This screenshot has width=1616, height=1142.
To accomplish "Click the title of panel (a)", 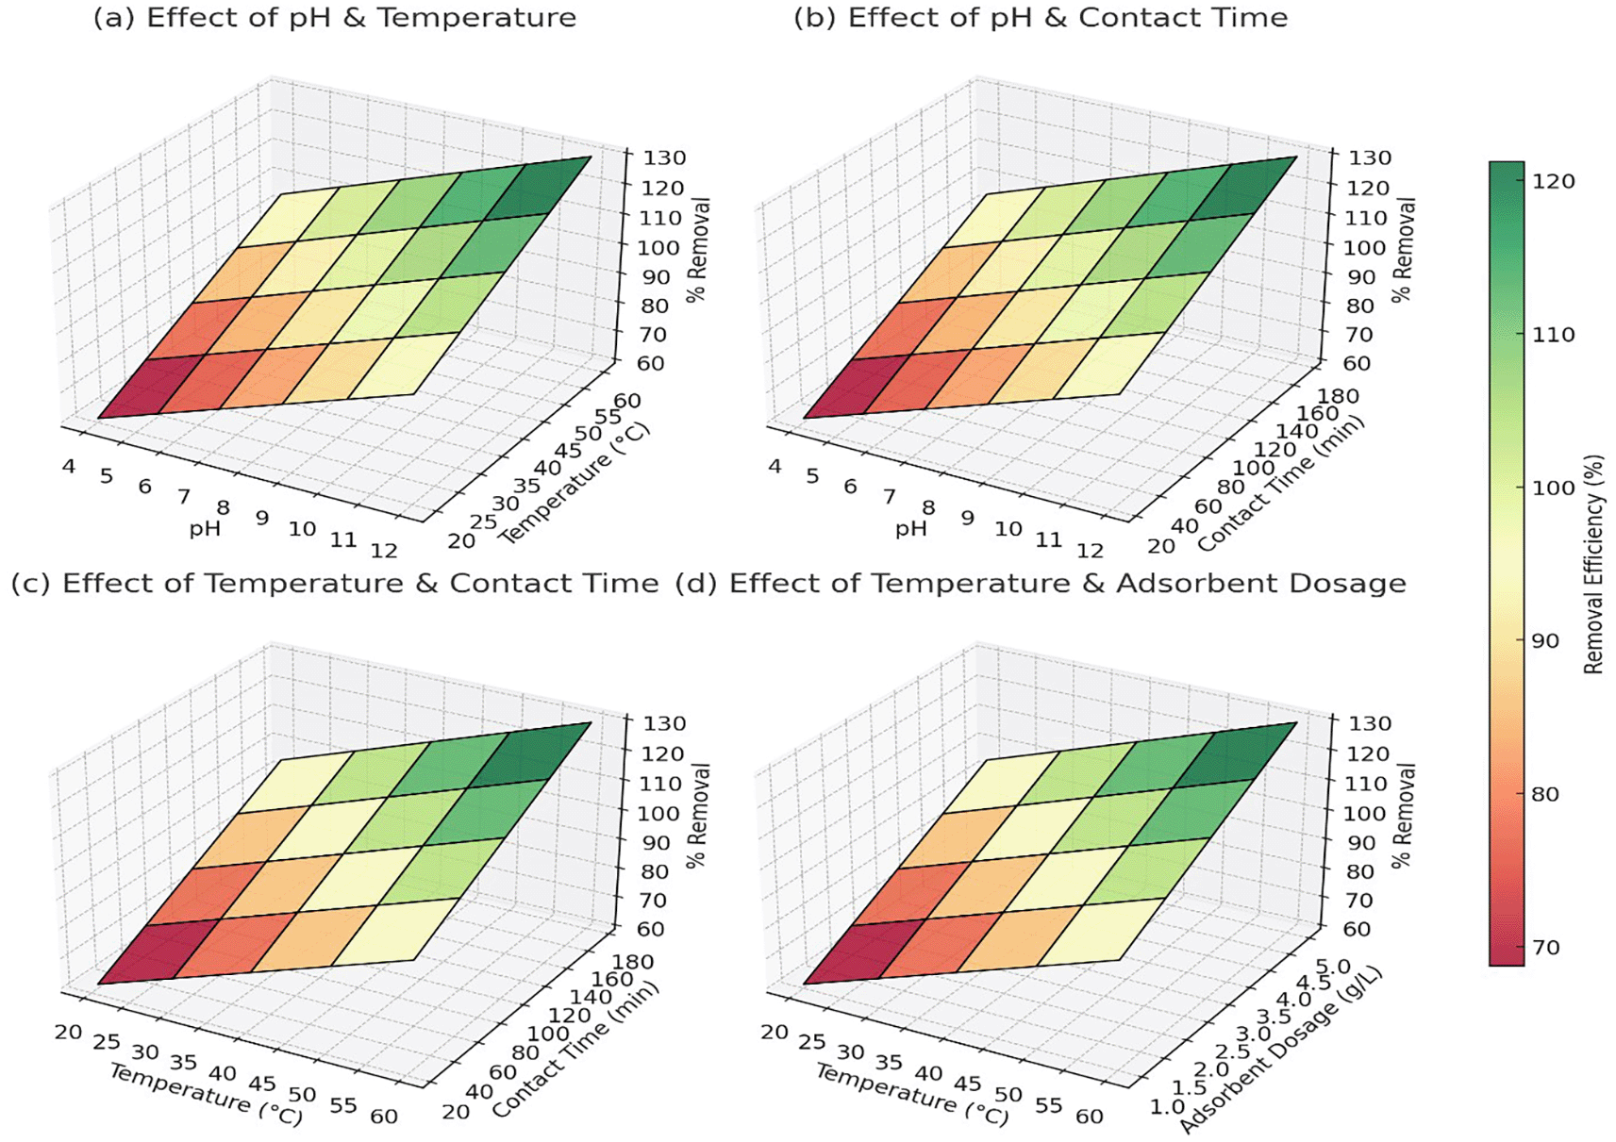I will coord(334,18).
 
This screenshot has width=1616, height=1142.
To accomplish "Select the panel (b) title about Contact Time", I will coord(1040,18).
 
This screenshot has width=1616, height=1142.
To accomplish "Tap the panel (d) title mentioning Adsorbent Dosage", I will coord(1041,584).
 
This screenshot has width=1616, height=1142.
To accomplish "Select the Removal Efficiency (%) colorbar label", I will coord(1593,564).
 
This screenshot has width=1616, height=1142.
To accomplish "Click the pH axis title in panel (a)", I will coord(205,529).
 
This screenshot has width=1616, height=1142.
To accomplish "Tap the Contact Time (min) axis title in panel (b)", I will coord(1281,485).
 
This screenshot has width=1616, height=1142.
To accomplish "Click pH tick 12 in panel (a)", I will coord(384,551).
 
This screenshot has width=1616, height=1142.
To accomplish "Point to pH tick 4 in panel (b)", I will coord(775,466).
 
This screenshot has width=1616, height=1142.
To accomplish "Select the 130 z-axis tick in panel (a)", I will coord(665,157).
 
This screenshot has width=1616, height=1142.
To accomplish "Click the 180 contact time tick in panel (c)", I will coord(633,962).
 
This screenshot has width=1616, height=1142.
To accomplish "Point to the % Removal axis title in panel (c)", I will coord(698,815).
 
